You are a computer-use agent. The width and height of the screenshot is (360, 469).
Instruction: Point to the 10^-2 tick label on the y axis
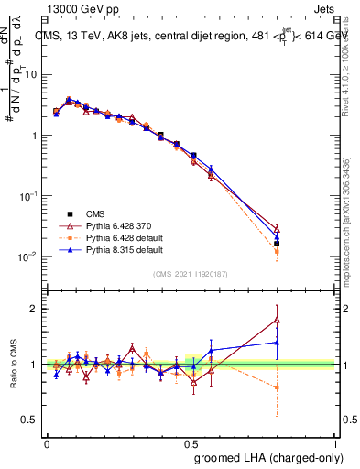(27, 256)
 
